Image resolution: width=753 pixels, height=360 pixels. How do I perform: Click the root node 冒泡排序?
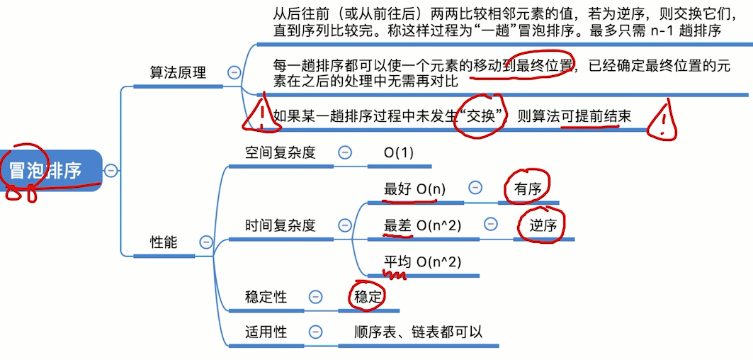[47, 171]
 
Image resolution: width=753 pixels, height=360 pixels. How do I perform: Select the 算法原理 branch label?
[177, 72]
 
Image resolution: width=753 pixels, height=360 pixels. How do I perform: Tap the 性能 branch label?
[164, 242]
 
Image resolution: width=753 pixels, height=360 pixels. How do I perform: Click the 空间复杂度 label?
[281, 152]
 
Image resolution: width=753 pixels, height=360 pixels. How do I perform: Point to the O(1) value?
[399, 152]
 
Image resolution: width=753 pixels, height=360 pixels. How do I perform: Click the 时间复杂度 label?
[281, 225]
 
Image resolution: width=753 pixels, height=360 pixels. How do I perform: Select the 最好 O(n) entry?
[414, 189]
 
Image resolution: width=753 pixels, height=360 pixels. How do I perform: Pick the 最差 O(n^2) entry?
[422, 225]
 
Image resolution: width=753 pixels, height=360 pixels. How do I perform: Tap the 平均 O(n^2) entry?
[422, 262]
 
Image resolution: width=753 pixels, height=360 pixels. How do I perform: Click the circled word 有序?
[527, 189]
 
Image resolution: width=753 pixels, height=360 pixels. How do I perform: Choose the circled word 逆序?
[543, 226]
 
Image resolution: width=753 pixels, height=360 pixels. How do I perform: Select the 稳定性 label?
[266, 297]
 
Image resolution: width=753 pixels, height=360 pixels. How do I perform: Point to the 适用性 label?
[266, 332]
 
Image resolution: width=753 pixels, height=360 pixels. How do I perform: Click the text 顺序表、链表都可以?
[419, 332]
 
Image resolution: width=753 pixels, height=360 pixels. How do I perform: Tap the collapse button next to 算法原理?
[233, 72]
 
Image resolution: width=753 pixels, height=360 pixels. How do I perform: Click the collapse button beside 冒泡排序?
[111, 170]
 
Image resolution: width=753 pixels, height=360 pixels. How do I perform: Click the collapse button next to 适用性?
[316, 332]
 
